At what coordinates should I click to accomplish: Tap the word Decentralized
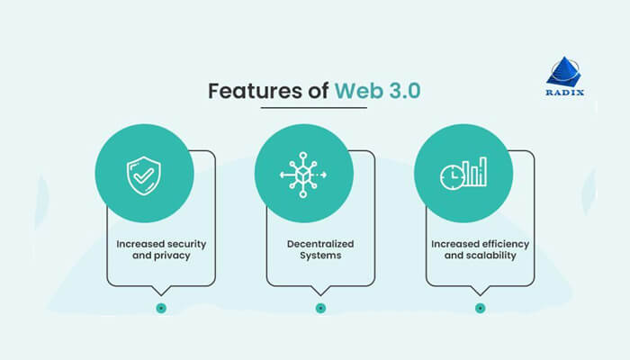point(319,243)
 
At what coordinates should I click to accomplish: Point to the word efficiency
point(502,243)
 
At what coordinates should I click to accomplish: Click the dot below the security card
point(161,308)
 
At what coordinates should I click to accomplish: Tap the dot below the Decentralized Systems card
point(320,308)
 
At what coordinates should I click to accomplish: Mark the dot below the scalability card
point(480,308)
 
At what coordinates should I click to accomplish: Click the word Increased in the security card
point(140,243)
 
